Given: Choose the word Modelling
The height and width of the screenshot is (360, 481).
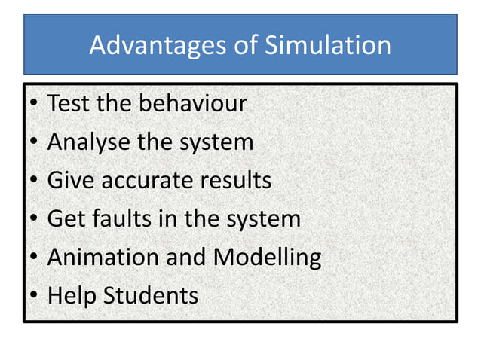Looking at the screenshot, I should pyautogui.click(x=268, y=258).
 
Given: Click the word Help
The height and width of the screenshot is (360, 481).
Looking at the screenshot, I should pyautogui.click(x=66, y=296).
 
